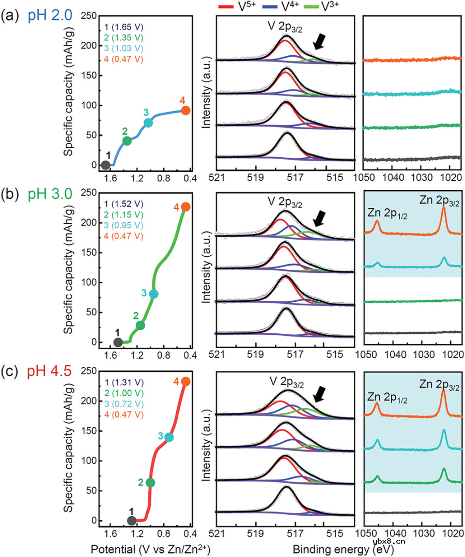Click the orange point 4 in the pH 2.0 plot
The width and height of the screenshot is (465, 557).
point(185,110)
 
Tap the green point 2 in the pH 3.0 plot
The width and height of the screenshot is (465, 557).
point(141,326)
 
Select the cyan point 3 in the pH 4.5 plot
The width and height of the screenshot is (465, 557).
point(169,437)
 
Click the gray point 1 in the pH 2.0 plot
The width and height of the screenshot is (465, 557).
point(105,165)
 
